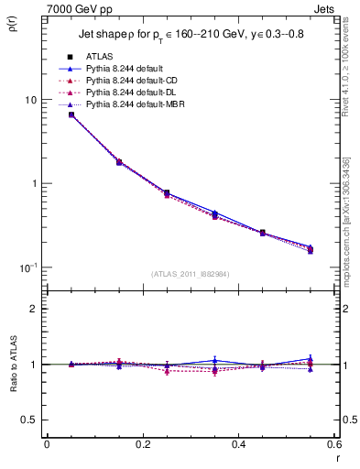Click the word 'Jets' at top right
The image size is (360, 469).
click(x=326, y=7)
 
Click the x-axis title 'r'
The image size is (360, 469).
click(x=337, y=459)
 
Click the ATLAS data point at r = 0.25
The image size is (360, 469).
click(x=167, y=193)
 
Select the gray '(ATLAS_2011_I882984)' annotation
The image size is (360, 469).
click(x=191, y=274)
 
